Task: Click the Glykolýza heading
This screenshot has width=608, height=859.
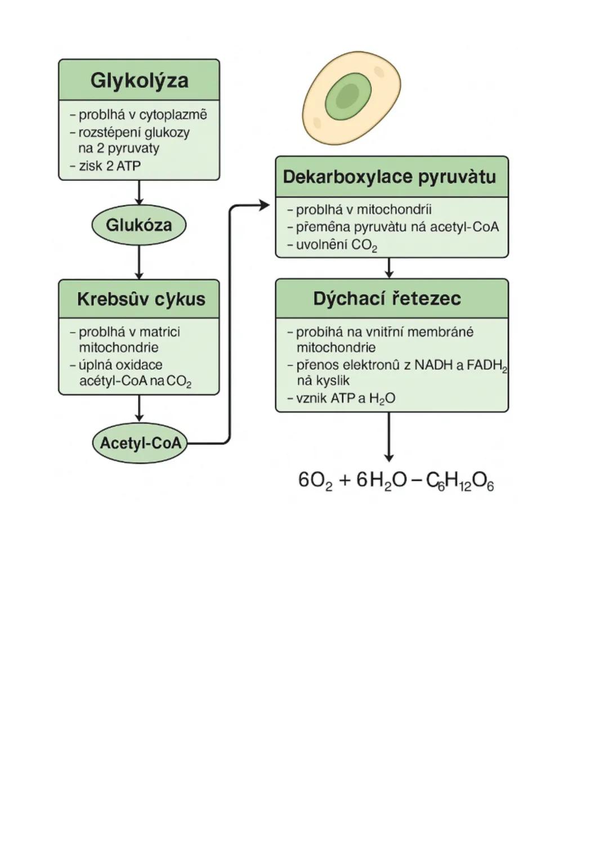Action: click(139, 80)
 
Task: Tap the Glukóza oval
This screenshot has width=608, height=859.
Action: click(139, 225)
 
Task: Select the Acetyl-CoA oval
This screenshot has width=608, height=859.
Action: click(140, 443)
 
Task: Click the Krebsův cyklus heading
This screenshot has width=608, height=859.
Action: click(141, 299)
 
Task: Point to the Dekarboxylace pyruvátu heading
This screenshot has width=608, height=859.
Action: click(390, 177)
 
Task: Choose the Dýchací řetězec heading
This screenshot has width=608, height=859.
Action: click(387, 298)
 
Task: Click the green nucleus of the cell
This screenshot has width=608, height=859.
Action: click(348, 96)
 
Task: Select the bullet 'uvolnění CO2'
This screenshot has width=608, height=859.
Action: click(336, 245)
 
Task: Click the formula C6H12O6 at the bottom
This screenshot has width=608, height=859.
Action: click(460, 481)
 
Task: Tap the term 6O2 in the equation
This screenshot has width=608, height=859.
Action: click(315, 481)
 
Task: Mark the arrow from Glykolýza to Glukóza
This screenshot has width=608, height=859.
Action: click(139, 193)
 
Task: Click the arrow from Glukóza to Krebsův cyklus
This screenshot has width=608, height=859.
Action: click(139, 262)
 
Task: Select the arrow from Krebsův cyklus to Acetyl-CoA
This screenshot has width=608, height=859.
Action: click(139, 409)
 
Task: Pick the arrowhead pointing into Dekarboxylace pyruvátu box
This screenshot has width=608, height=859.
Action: click(263, 205)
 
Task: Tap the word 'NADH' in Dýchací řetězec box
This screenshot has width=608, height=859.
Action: click(433, 365)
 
